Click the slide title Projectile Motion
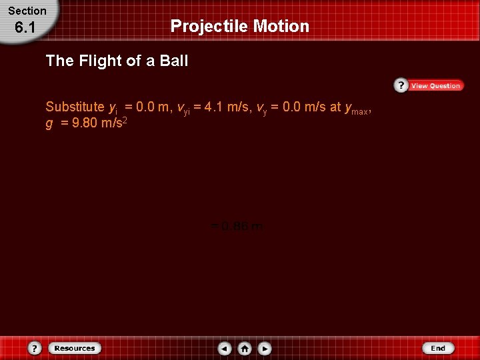click(x=240, y=26)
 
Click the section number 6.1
click(x=25, y=28)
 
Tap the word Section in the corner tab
click(x=27, y=11)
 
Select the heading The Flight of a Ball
click(x=117, y=61)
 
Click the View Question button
click(x=435, y=85)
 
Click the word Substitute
click(x=75, y=107)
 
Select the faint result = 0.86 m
click(x=237, y=227)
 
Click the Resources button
click(x=75, y=348)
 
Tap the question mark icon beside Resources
click(x=35, y=348)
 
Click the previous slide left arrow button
click(x=225, y=348)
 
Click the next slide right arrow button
click(x=265, y=348)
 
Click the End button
click(x=438, y=348)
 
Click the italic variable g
click(x=49, y=124)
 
